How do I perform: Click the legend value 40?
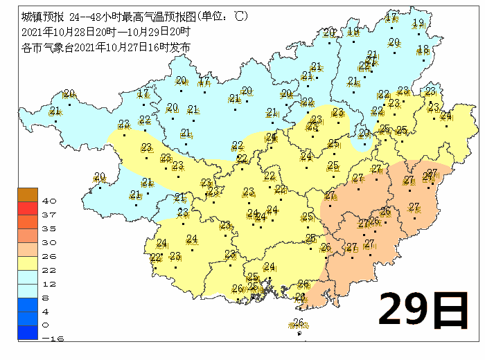49,200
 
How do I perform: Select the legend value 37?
49,214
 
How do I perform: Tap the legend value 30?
49,242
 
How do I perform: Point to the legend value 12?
49,283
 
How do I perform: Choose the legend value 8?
49,297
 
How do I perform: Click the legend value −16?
48,339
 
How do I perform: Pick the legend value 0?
46,325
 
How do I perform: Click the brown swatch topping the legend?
27,194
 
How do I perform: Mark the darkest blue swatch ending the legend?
27,333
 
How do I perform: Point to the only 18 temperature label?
423,48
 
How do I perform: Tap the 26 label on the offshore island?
299,322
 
